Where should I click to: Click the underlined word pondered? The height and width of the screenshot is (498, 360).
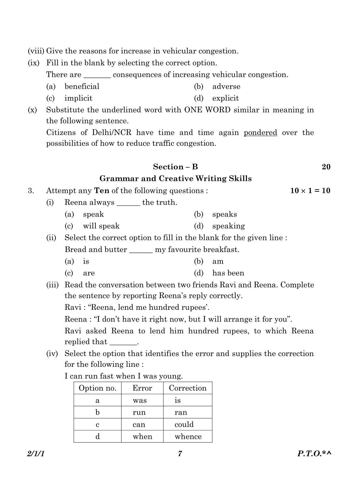260,133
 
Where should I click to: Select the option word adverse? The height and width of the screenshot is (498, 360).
226,87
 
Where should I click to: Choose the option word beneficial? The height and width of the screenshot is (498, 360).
82,87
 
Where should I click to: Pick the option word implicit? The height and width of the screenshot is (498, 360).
78,98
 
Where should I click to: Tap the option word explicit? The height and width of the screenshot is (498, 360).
225,98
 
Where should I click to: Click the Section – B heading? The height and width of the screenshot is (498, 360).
175,167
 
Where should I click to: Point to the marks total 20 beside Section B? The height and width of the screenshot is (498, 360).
326,167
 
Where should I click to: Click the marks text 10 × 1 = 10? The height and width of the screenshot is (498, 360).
310,191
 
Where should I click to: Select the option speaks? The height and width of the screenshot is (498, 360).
224,214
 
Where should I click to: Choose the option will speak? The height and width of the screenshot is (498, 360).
101,226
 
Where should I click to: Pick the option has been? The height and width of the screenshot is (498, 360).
228,273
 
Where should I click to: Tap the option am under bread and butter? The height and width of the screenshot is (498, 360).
218,261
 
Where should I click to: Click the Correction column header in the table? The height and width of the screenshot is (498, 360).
188,388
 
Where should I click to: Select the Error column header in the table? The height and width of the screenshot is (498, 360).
142,388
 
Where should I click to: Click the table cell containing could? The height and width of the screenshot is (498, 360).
184,424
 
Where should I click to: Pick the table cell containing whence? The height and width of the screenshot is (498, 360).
188,436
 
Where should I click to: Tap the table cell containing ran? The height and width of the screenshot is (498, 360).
181,412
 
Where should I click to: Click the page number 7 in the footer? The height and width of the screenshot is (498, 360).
180,453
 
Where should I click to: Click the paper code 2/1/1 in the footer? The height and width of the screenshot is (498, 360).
36,453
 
